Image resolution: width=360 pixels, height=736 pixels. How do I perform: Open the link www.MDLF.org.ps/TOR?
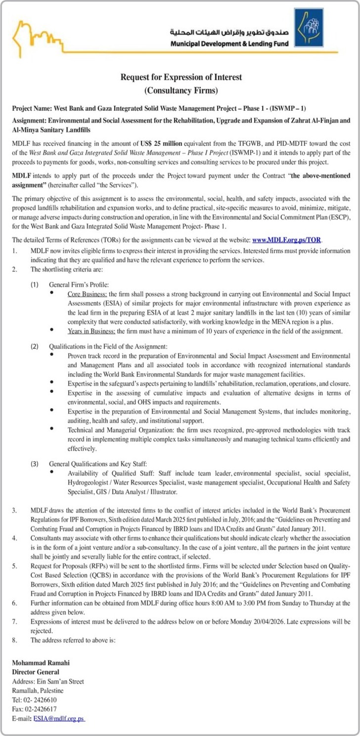[x=287, y=240]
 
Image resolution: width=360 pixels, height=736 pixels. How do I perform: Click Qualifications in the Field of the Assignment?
[x=108, y=346]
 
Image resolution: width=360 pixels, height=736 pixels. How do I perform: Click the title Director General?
[x=36, y=672]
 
